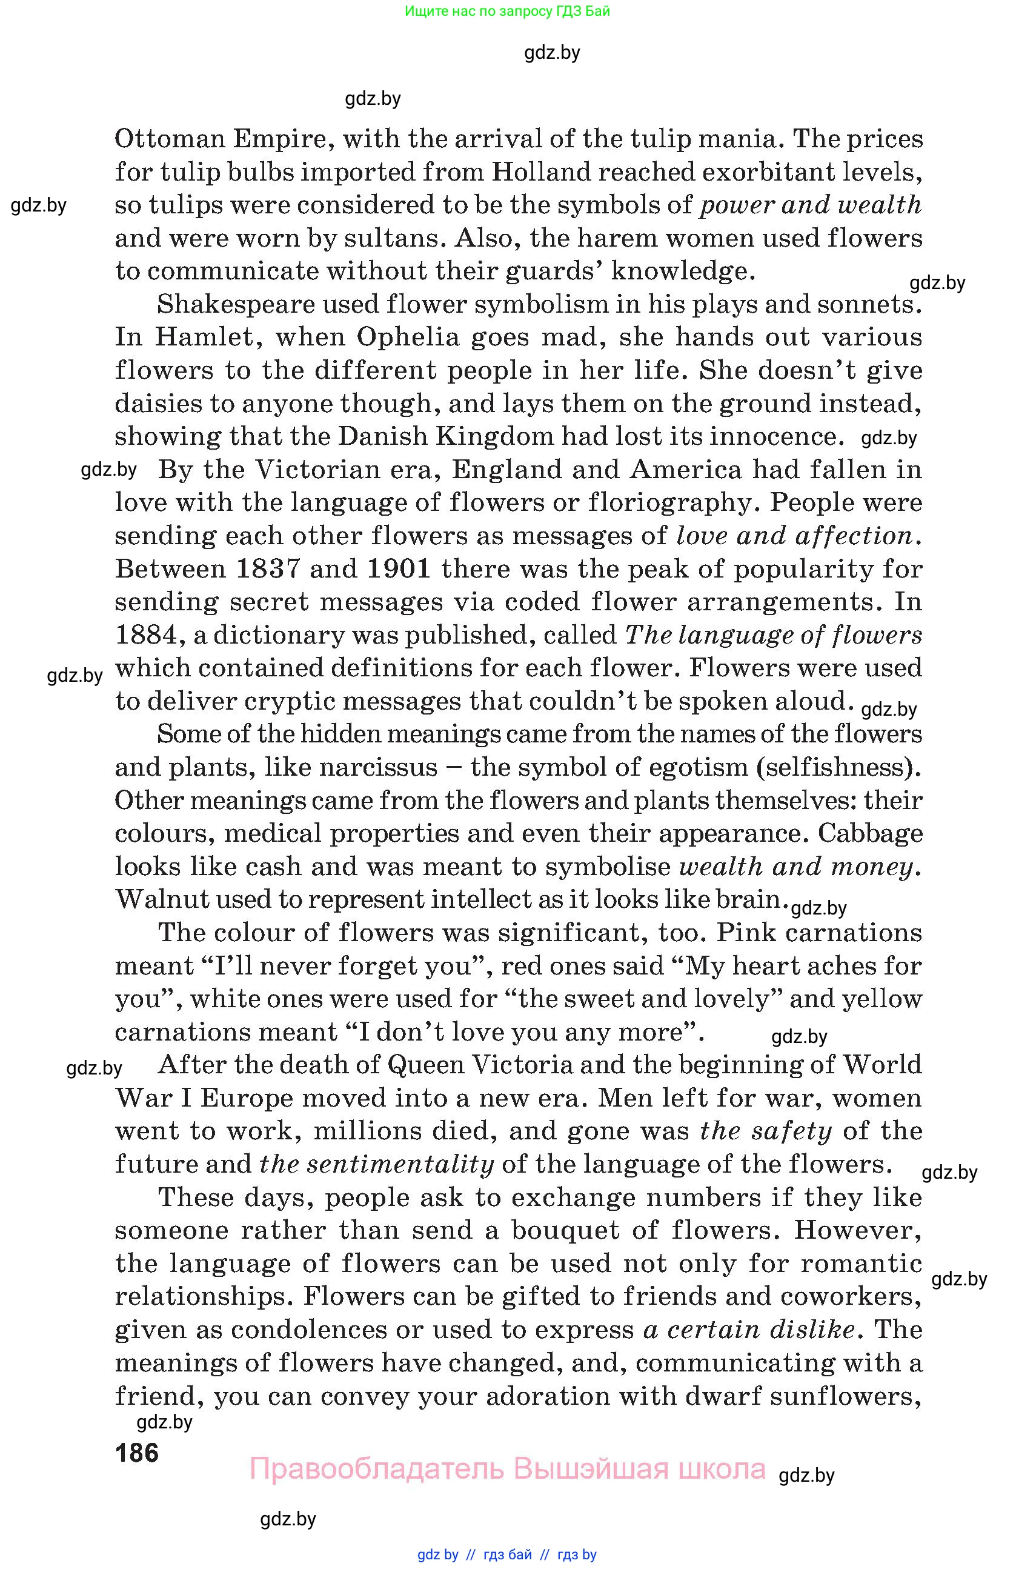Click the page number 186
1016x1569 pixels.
tap(137, 1453)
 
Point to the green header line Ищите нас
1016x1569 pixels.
tap(507, 11)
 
